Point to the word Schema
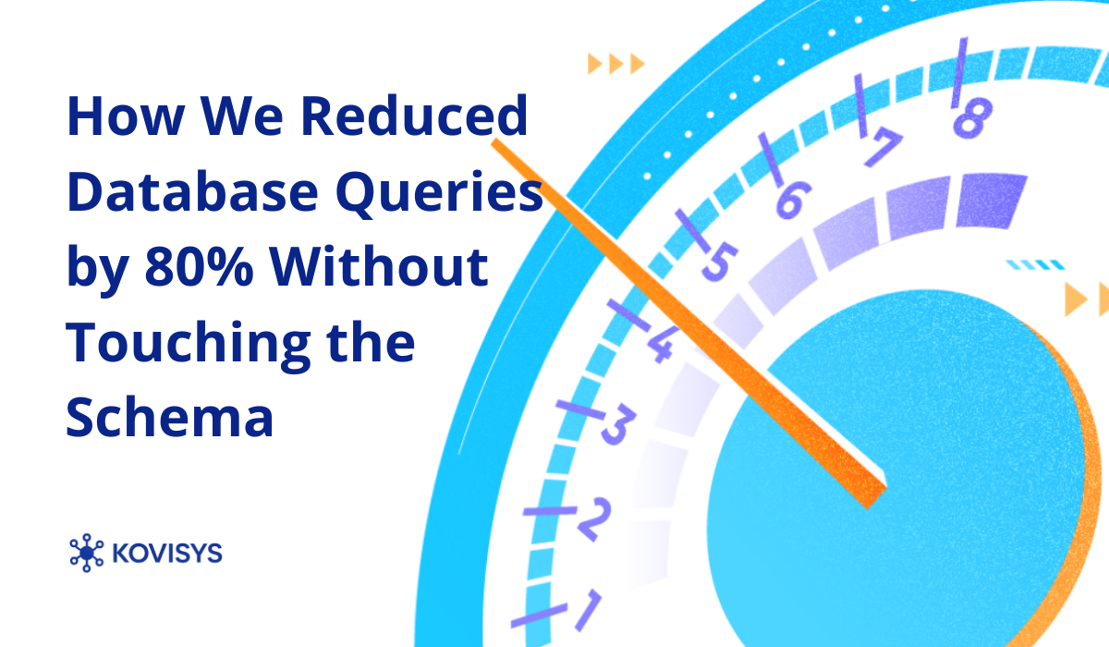pyautogui.click(x=170, y=417)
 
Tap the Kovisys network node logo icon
pyautogui.click(x=87, y=553)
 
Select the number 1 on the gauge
pyautogui.click(x=586, y=610)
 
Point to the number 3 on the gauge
pyautogui.click(x=616, y=426)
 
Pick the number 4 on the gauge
pyautogui.click(x=659, y=346)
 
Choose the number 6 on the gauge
pyautogui.click(x=792, y=200)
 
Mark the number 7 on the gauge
pyautogui.click(x=883, y=146)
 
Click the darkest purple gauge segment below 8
pyautogui.click(x=991, y=200)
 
